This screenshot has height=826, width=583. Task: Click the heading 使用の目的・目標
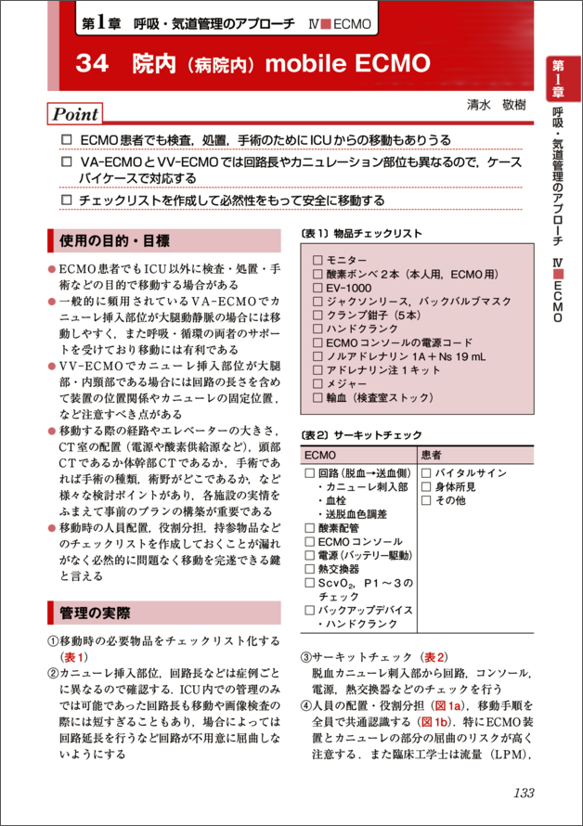pyautogui.click(x=114, y=242)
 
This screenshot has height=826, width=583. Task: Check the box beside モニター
pyautogui.click(x=317, y=261)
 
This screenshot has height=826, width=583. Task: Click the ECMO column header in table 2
pyautogui.click(x=319, y=456)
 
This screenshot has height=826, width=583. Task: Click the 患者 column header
pyautogui.click(x=432, y=456)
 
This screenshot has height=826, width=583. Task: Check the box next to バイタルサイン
pyautogui.click(x=426, y=473)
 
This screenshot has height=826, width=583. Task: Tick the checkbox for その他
pyautogui.click(x=426, y=500)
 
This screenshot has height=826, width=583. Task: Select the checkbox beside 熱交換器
pyautogui.click(x=310, y=568)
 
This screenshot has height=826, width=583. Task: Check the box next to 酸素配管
pyautogui.click(x=310, y=527)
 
